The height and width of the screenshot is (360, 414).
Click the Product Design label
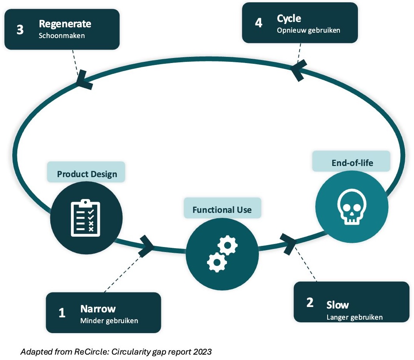point(87,174)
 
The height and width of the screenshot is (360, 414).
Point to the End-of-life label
point(352,163)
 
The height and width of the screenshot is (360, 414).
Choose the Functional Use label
point(222,210)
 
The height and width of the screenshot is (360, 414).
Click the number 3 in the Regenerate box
point(20,30)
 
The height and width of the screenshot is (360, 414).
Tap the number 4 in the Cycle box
point(258,23)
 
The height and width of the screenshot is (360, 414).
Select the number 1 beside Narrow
point(62,313)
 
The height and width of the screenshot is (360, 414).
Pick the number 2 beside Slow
point(310,303)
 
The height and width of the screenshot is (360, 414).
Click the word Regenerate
point(65,24)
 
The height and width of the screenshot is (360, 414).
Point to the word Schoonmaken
point(61,35)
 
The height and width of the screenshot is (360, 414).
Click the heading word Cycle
point(289,18)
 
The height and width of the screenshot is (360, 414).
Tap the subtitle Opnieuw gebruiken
point(308,30)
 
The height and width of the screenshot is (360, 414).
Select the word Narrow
point(98,309)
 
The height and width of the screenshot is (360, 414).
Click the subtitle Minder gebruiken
point(109,321)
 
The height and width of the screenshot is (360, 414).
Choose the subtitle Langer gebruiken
point(354,317)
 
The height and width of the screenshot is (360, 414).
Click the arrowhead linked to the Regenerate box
point(84,80)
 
